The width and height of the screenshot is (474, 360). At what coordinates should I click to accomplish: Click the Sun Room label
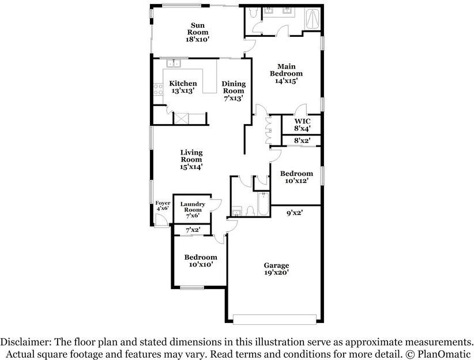(198, 29)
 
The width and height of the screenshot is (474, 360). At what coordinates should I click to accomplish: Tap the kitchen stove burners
(158, 89)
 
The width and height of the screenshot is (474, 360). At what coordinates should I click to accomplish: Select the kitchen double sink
(174, 63)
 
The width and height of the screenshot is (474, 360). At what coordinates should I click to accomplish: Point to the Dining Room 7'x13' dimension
(234, 98)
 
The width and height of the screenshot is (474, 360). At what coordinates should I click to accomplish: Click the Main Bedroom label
(286, 70)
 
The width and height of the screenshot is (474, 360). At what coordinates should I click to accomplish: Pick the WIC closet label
(302, 121)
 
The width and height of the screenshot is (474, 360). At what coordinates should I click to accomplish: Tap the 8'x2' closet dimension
(302, 140)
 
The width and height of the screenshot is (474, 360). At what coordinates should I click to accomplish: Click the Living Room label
(191, 156)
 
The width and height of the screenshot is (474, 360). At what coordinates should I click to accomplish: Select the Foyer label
(163, 203)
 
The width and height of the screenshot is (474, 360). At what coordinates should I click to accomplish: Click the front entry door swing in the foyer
(160, 220)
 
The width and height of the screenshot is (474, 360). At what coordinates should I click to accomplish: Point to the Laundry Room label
(193, 207)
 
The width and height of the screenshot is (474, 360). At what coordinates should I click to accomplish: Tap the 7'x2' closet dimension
(193, 230)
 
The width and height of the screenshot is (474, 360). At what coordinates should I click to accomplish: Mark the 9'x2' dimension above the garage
(295, 213)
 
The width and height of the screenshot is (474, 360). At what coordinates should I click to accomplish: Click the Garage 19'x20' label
(276, 269)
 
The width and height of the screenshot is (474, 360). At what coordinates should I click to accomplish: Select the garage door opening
(275, 320)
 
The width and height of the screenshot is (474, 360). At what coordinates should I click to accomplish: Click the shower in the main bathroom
(313, 20)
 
